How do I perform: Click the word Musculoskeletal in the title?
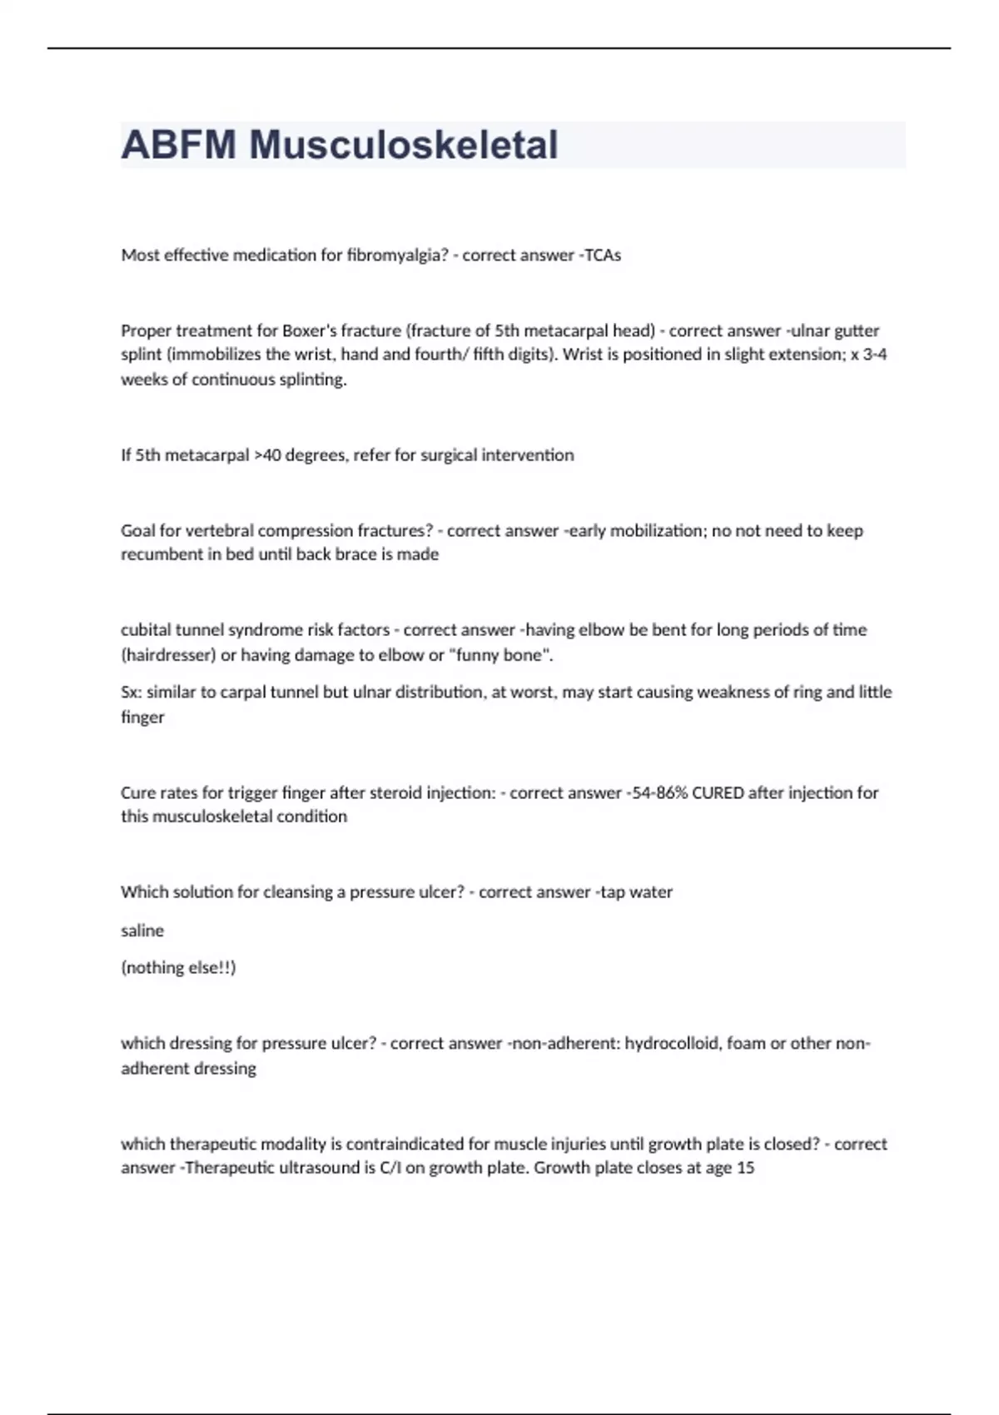click(404, 145)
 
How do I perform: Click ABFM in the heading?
click(178, 145)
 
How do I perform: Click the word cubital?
click(146, 630)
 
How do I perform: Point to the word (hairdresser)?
click(168, 655)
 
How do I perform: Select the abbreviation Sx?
click(131, 693)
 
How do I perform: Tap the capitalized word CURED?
click(718, 793)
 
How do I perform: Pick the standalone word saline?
click(142, 931)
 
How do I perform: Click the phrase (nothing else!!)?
click(178, 968)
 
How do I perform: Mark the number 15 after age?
click(745, 1168)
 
